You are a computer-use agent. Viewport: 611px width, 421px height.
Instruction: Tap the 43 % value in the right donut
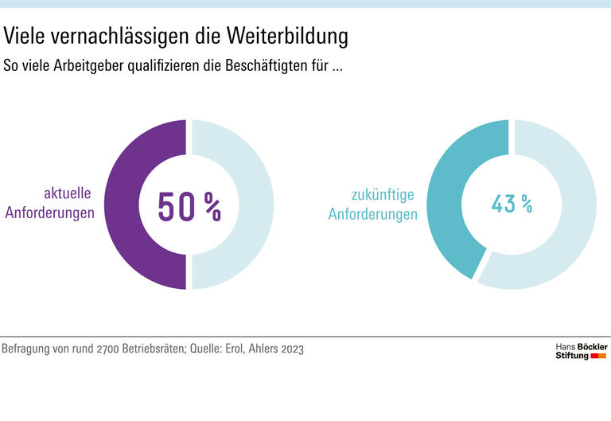click(x=512, y=204)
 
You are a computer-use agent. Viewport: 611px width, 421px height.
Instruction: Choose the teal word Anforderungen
click(x=373, y=214)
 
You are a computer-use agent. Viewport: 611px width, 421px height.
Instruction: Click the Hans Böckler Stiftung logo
click(x=580, y=352)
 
